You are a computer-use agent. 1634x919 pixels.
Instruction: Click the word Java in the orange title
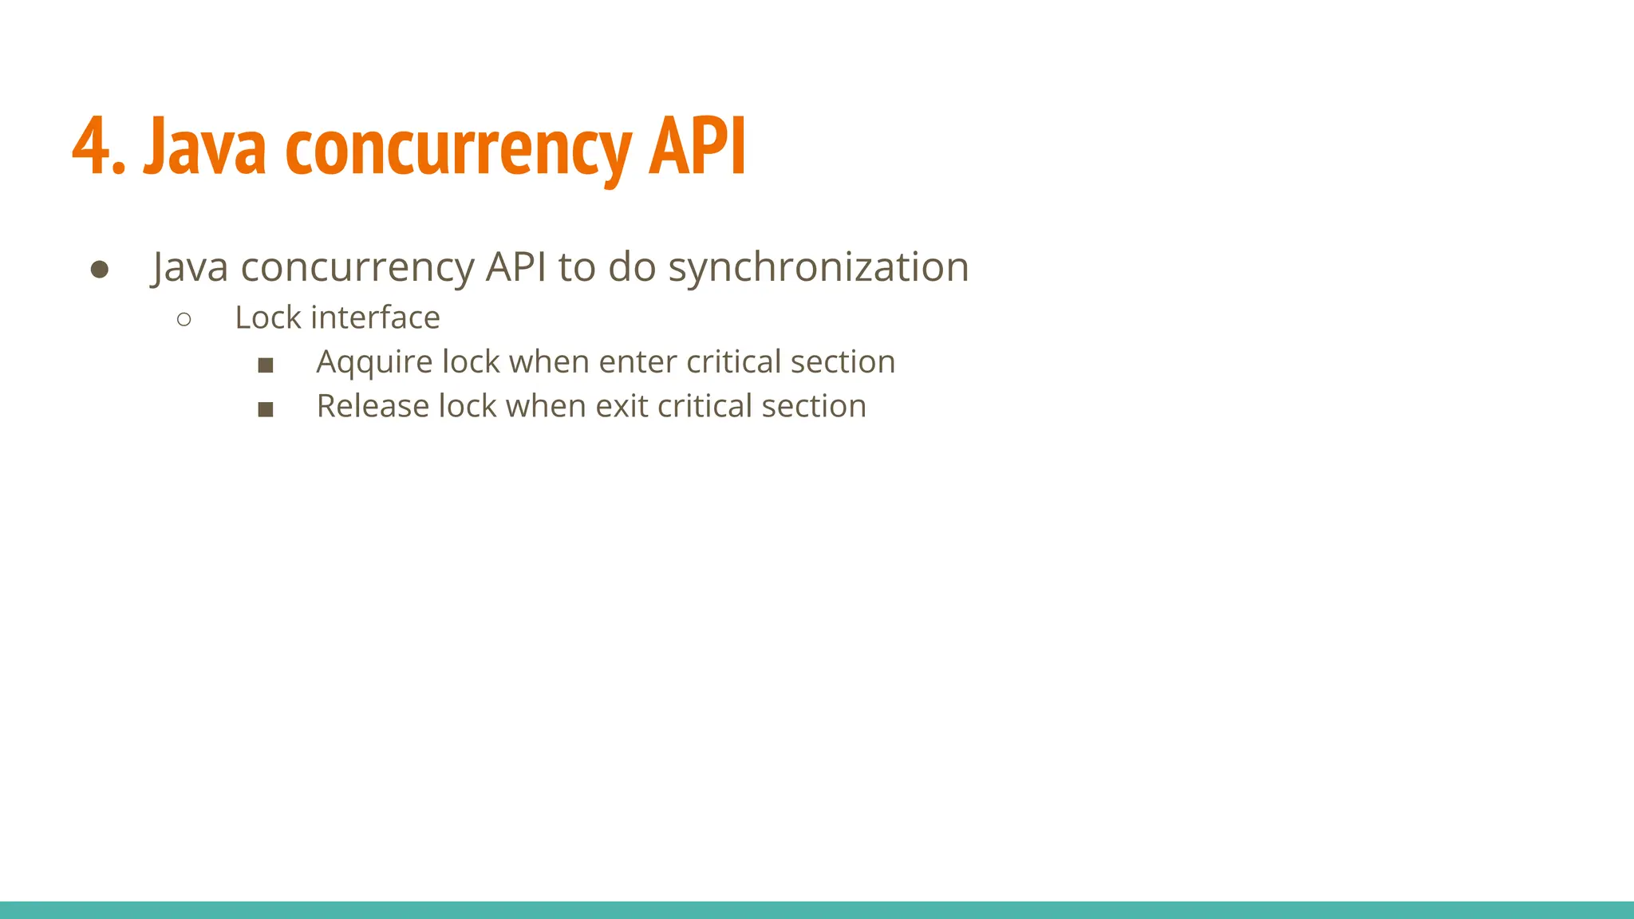204,147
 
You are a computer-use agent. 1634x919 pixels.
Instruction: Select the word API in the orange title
697,147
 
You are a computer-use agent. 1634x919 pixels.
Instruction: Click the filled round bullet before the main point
100,270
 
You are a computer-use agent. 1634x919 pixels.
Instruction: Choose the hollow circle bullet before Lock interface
184,320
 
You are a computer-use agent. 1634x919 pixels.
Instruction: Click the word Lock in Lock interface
267,318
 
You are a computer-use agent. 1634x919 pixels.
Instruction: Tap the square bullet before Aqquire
266,365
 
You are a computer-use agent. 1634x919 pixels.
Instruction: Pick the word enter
637,362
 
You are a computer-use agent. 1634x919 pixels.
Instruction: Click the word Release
373,406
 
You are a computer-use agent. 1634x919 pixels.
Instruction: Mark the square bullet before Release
266,410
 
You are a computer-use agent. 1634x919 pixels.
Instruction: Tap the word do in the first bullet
632,266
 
